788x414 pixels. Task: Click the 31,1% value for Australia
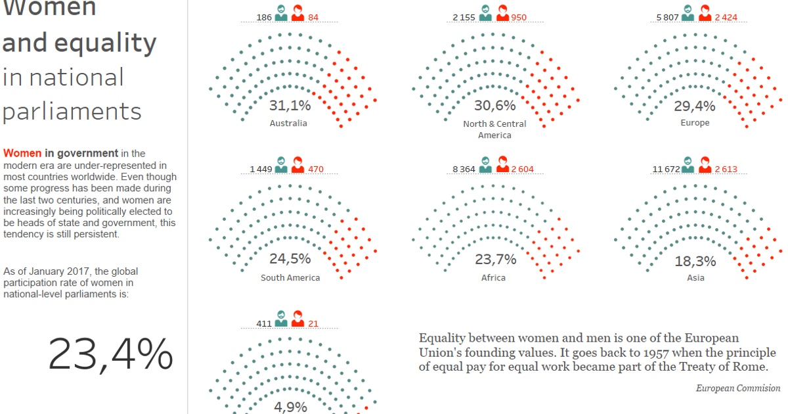[290, 105]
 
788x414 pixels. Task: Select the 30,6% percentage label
[494, 105]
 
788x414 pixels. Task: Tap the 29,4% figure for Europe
[695, 106]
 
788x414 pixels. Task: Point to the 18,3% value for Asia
[695, 262]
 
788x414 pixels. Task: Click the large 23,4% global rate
[110, 354]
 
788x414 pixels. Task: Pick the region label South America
[290, 277]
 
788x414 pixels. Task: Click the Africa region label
[493, 277]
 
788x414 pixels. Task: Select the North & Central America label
[494, 129]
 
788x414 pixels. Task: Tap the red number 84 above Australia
[313, 17]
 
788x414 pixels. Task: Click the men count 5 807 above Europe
[668, 17]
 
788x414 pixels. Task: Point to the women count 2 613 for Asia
[726, 169]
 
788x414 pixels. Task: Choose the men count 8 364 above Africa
[464, 169]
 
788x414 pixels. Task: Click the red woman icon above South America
[297, 164]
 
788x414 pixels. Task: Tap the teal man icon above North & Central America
[486, 12]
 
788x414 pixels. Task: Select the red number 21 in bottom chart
[313, 323]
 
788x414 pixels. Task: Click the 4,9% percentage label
[291, 407]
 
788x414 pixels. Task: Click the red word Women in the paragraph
[22, 153]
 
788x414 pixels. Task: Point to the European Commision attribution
[737, 388]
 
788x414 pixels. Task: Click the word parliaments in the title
[72, 111]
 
